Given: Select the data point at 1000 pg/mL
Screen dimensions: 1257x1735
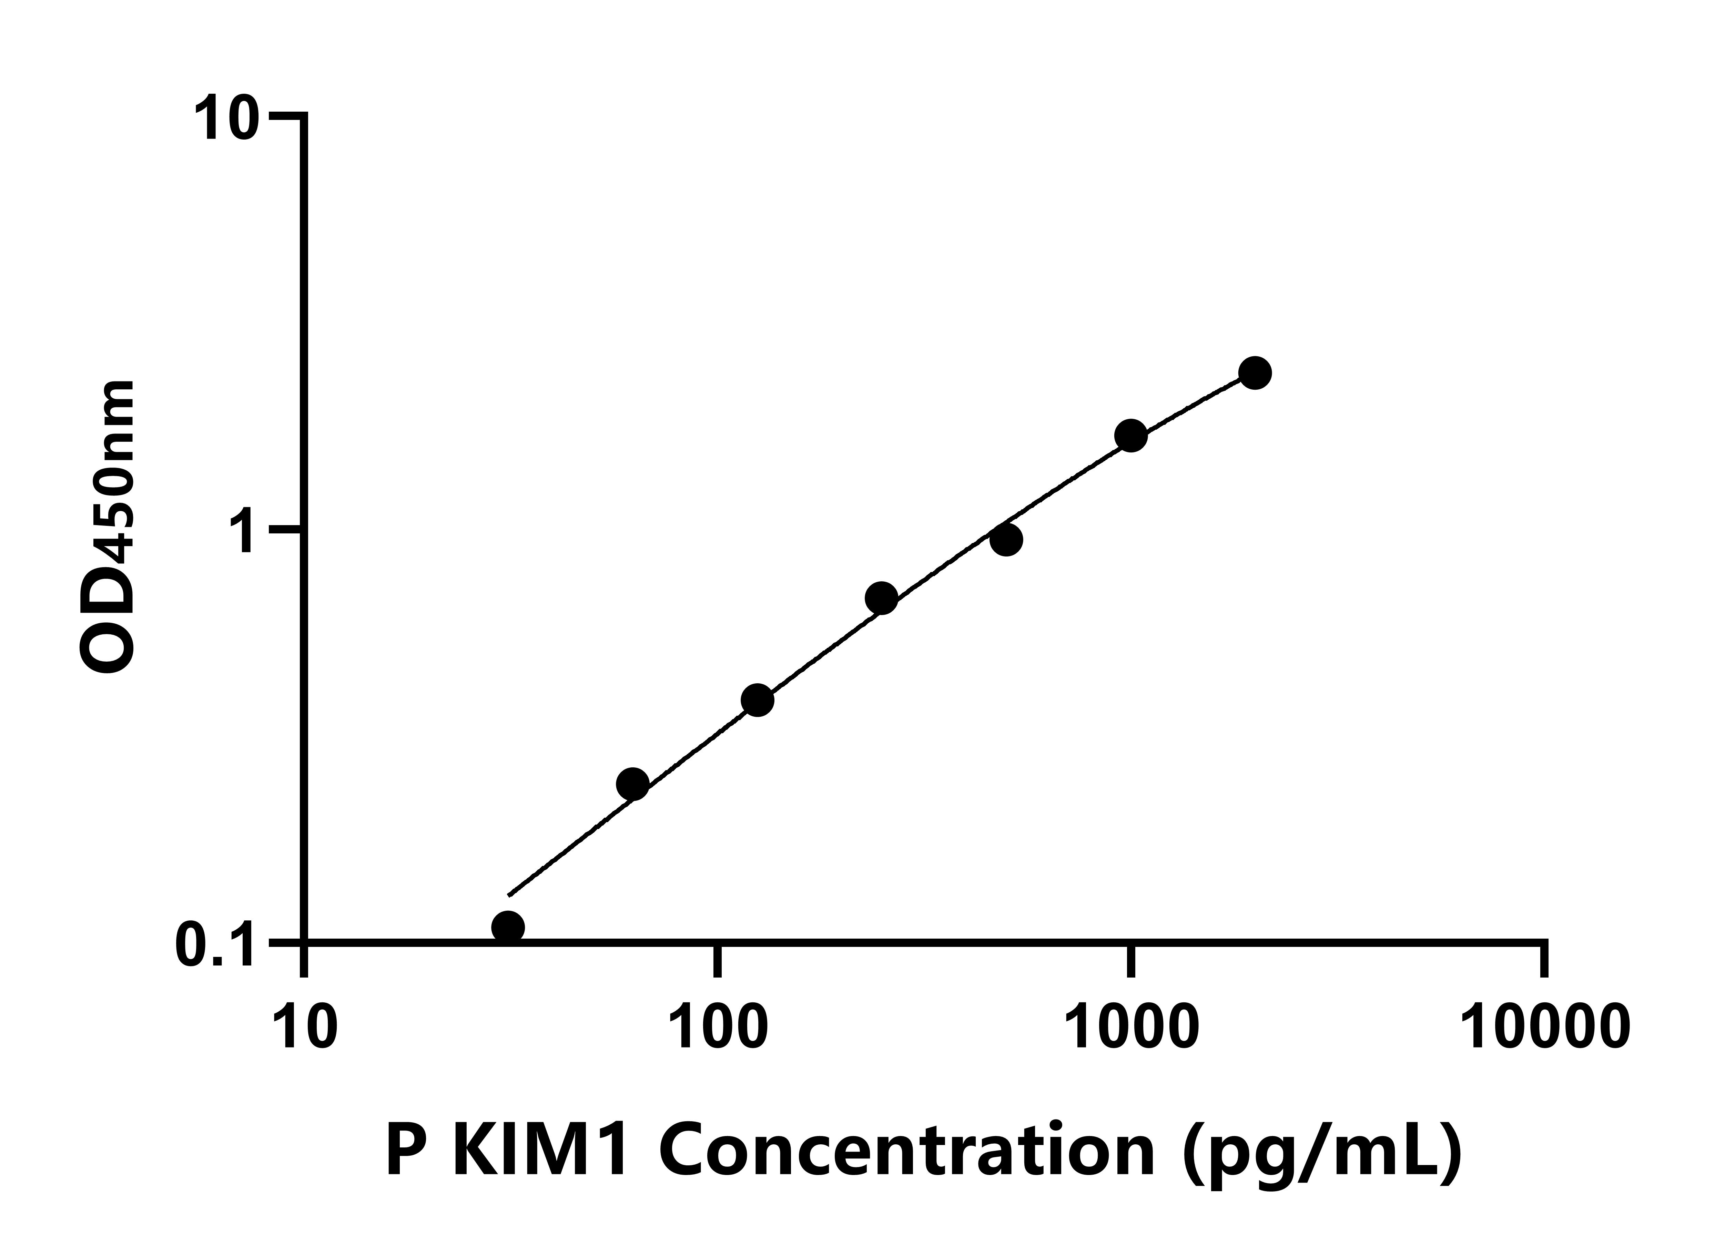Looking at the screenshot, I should pyautogui.click(x=1131, y=436).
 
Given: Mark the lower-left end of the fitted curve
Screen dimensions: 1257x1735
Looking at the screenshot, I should pyautogui.click(x=509, y=894).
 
